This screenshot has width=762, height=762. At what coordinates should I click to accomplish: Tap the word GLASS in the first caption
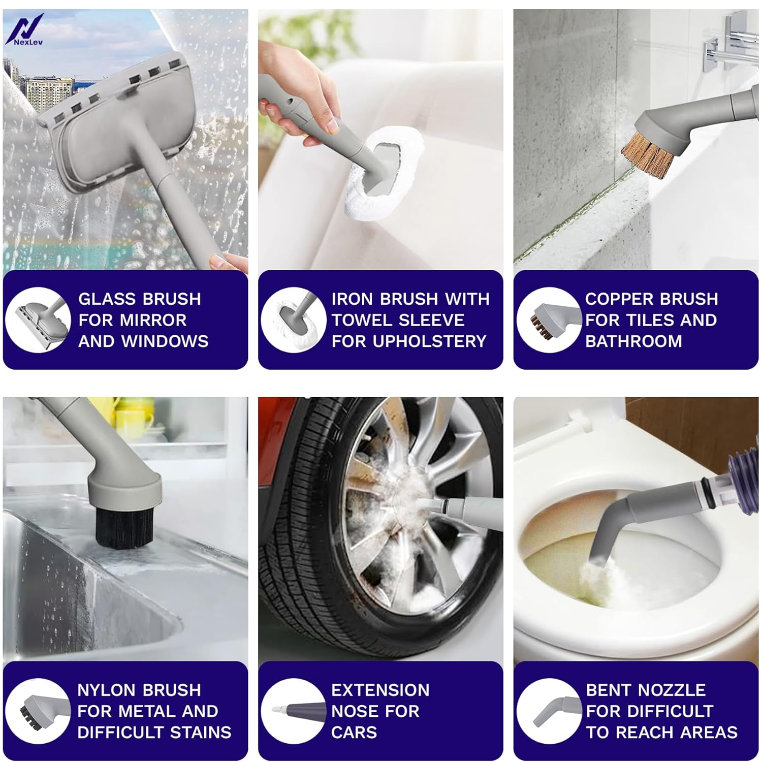(106, 299)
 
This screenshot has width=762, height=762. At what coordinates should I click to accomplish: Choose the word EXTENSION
(380, 690)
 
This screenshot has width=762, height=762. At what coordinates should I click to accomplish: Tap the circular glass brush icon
(38, 320)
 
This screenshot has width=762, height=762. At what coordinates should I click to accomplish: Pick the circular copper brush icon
(549, 320)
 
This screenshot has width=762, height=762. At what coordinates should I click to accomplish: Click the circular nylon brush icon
(38, 711)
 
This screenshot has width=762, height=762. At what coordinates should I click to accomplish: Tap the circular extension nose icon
(294, 711)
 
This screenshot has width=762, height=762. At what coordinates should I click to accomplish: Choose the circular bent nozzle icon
(549, 711)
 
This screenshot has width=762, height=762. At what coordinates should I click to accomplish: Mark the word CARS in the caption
(354, 732)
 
